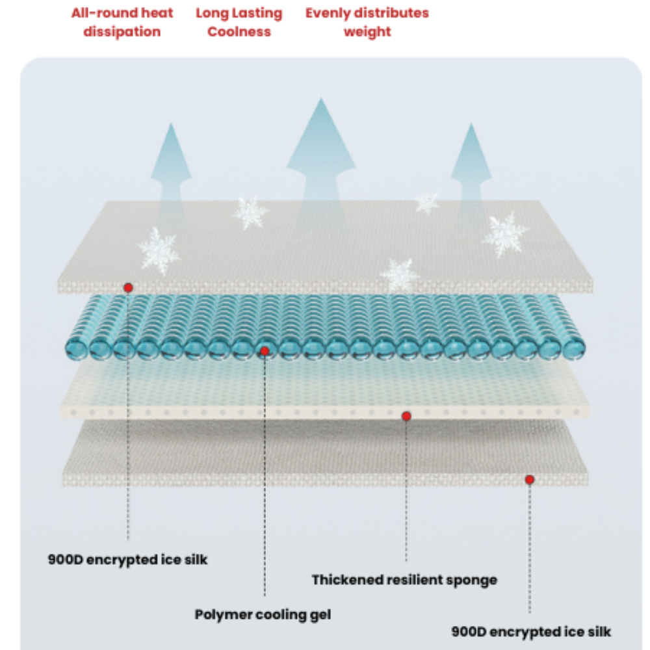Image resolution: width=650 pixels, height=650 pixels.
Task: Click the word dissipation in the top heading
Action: [122, 32]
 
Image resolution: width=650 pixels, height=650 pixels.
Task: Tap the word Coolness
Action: [239, 32]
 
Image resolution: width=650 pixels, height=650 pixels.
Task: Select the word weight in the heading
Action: [367, 32]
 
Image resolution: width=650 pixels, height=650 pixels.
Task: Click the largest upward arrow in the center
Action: [320, 162]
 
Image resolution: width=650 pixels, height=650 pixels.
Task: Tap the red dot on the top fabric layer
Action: [128, 287]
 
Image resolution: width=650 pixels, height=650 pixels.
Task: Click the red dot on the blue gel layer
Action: [265, 351]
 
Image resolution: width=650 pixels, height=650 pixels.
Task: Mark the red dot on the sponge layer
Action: [406, 416]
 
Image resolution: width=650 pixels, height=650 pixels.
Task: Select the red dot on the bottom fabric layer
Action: [530, 480]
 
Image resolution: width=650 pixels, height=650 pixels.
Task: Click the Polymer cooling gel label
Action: [263, 614]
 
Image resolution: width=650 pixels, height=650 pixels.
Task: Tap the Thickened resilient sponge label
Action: [404, 580]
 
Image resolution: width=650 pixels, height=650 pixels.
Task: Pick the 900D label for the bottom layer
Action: [530, 631]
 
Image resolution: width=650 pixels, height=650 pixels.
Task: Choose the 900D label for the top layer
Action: [127, 559]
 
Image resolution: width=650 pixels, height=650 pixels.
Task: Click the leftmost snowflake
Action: [158, 250]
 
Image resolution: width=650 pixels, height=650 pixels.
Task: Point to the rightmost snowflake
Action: [505, 235]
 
